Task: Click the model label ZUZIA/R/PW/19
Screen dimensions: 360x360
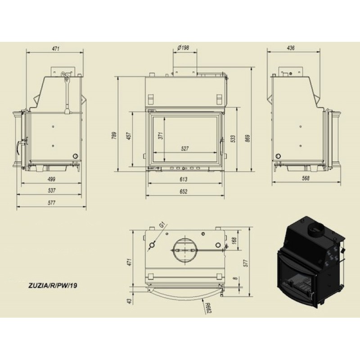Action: (x=53, y=286)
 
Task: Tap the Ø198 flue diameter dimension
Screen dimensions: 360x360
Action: (x=184, y=48)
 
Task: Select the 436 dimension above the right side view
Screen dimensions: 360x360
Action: (x=291, y=48)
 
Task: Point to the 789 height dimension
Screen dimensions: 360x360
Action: (x=114, y=135)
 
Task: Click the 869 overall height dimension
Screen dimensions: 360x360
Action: (x=247, y=138)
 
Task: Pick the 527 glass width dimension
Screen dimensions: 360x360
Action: (x=184, y=148)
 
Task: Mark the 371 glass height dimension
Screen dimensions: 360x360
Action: (x=161, y=136)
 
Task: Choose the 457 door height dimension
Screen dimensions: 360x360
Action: (x=129, y=136)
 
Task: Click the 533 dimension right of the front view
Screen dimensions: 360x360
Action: (x=233, y=139)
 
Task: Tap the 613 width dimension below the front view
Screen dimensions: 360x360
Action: (x=184, y=179)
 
